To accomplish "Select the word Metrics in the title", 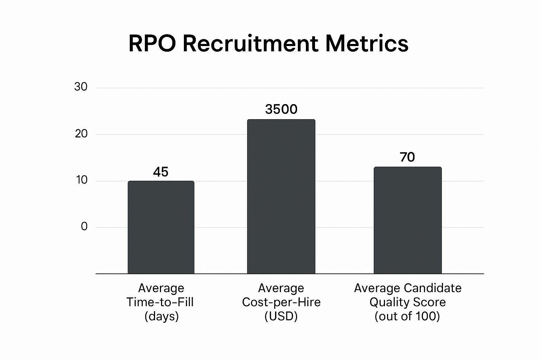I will tap(367, 44).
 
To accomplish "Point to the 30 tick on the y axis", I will tap(81, 87).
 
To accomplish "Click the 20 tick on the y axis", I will tap(81, 134).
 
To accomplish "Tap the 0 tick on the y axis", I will tap(84, 226).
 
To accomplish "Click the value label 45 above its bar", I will tap(161, 172).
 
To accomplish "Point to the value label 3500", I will tap(281, 109).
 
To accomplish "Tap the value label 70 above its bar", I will tap(407, 157).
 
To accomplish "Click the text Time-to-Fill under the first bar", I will tap(160, 302).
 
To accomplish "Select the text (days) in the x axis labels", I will tap(161, 316).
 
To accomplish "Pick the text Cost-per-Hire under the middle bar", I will tap(281, 302).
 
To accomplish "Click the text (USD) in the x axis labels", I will tap(281, 316).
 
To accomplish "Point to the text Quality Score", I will tap(407, 302).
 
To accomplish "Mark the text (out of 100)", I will tap(407, 316).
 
